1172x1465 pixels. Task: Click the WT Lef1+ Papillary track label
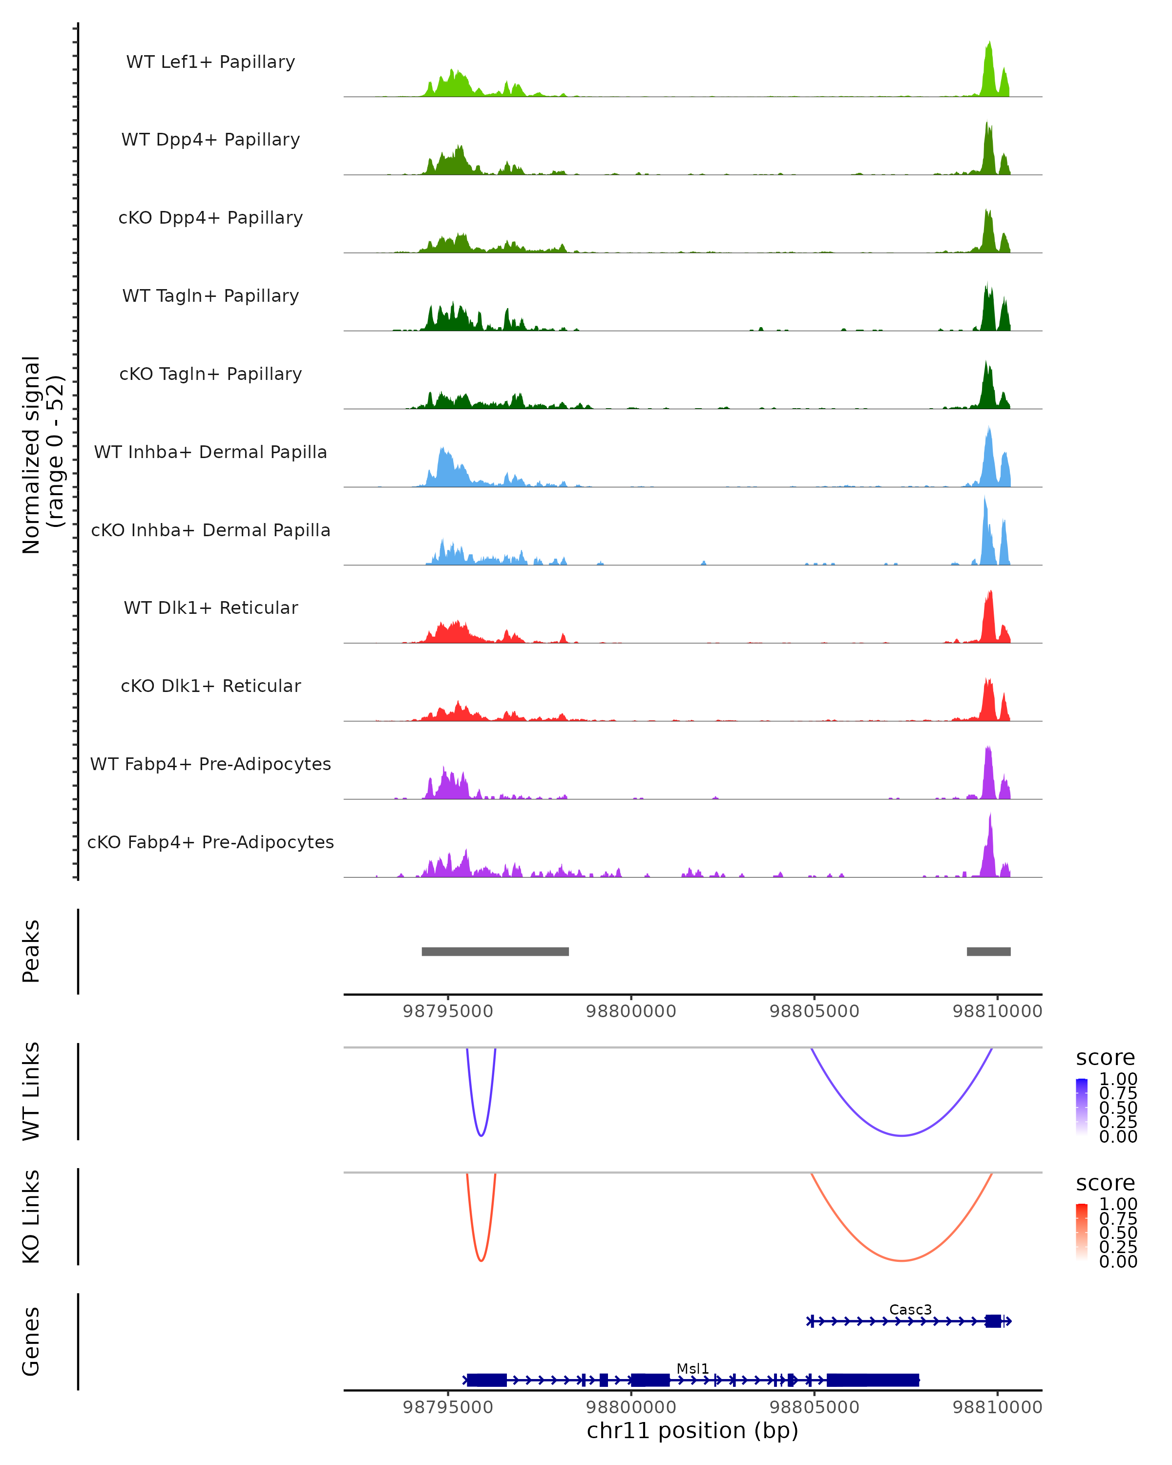(210, 62)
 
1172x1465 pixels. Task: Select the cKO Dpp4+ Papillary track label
(210, 217)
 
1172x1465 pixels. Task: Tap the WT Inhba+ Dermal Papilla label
(210, 452)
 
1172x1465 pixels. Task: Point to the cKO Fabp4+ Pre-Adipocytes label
(210, 842)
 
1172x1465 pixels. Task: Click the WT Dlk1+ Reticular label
(210, 607)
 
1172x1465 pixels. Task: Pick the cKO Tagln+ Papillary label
(210, 374)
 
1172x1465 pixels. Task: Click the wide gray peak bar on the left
(495, 951)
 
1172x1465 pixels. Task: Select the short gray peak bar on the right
(988, 951)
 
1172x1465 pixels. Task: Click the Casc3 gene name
(910, 1309)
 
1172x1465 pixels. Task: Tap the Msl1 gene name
(692, 1368)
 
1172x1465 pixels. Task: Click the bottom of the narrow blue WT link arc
(481, 1135)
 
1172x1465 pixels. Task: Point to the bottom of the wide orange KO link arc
(901, 1260)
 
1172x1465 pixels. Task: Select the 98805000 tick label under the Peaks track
(814, 1011)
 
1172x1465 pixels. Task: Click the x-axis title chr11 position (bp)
(692, 1430)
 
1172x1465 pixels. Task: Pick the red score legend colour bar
(1082, 1232)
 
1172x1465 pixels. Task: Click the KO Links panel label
(31, 1216)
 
